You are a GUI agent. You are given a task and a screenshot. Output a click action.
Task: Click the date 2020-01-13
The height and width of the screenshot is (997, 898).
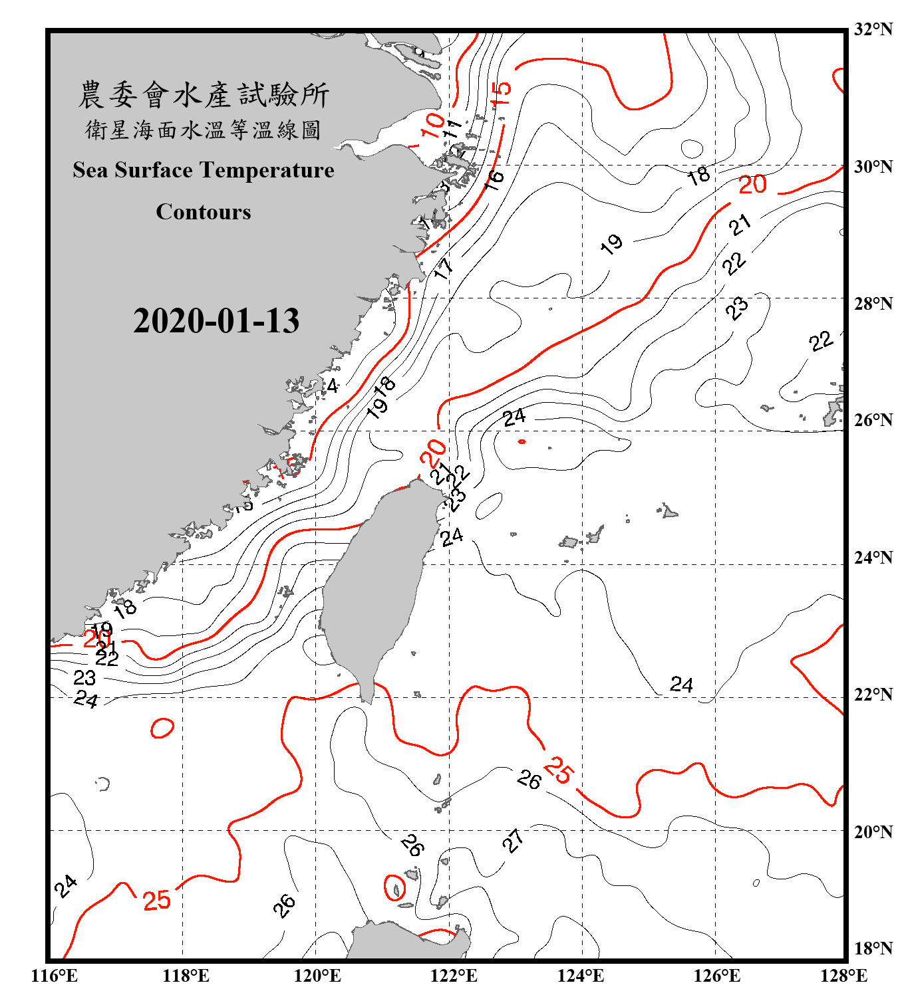[x=216, y=321]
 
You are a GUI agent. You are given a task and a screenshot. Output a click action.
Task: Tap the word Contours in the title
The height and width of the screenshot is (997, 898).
[x=204, y=212]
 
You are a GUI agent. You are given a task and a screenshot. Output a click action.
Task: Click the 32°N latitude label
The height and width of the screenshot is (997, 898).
[x=873, y=29]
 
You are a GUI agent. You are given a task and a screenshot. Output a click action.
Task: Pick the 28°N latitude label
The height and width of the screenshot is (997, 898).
[x=873, y=304]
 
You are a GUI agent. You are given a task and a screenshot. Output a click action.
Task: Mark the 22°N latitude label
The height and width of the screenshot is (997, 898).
[x=873, y=695]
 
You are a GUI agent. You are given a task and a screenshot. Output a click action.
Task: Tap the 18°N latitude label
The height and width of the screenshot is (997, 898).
[x=873, y=948]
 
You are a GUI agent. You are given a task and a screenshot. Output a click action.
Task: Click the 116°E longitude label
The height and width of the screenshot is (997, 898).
[x=55, y=976]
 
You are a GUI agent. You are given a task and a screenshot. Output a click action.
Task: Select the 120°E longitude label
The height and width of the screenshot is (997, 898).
[x=317, y=976]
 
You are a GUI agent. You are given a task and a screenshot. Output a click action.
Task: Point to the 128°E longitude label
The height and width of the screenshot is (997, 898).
[x=843, y=976]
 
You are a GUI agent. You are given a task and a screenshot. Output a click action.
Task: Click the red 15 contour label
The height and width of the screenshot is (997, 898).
[x=501, y=93]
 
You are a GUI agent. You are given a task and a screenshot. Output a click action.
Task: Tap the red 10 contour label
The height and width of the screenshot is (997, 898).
[x=433, y=124]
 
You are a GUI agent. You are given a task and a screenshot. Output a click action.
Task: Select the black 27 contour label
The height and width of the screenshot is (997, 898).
[x=513, y=841]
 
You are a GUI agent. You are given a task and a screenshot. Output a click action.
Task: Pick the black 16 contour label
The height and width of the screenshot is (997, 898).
[x=494, y=179]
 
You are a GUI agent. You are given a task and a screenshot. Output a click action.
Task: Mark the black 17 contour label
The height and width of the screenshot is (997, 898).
[x=443, y=268]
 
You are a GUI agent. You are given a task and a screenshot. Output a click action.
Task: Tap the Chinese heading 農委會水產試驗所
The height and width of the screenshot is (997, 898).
[x=204, y=95]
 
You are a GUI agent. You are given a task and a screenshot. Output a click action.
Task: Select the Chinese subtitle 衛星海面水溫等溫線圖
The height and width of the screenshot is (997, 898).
[x=204, y=130]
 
